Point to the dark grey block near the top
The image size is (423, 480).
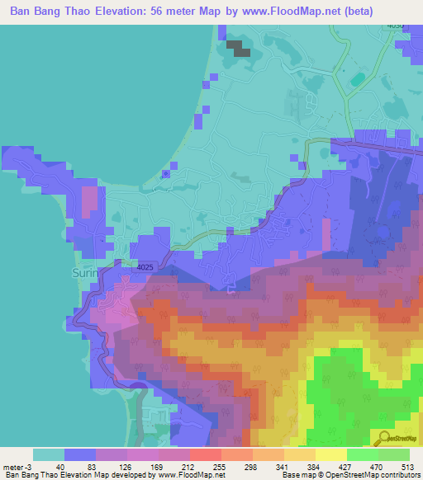(238, 47)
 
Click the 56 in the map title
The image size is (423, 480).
(169, 12)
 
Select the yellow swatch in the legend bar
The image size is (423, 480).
(330, 454)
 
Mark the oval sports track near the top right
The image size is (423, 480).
(357, 80)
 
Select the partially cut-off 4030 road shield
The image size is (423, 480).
(397, 26)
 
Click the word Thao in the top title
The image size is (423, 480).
(78, 12)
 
